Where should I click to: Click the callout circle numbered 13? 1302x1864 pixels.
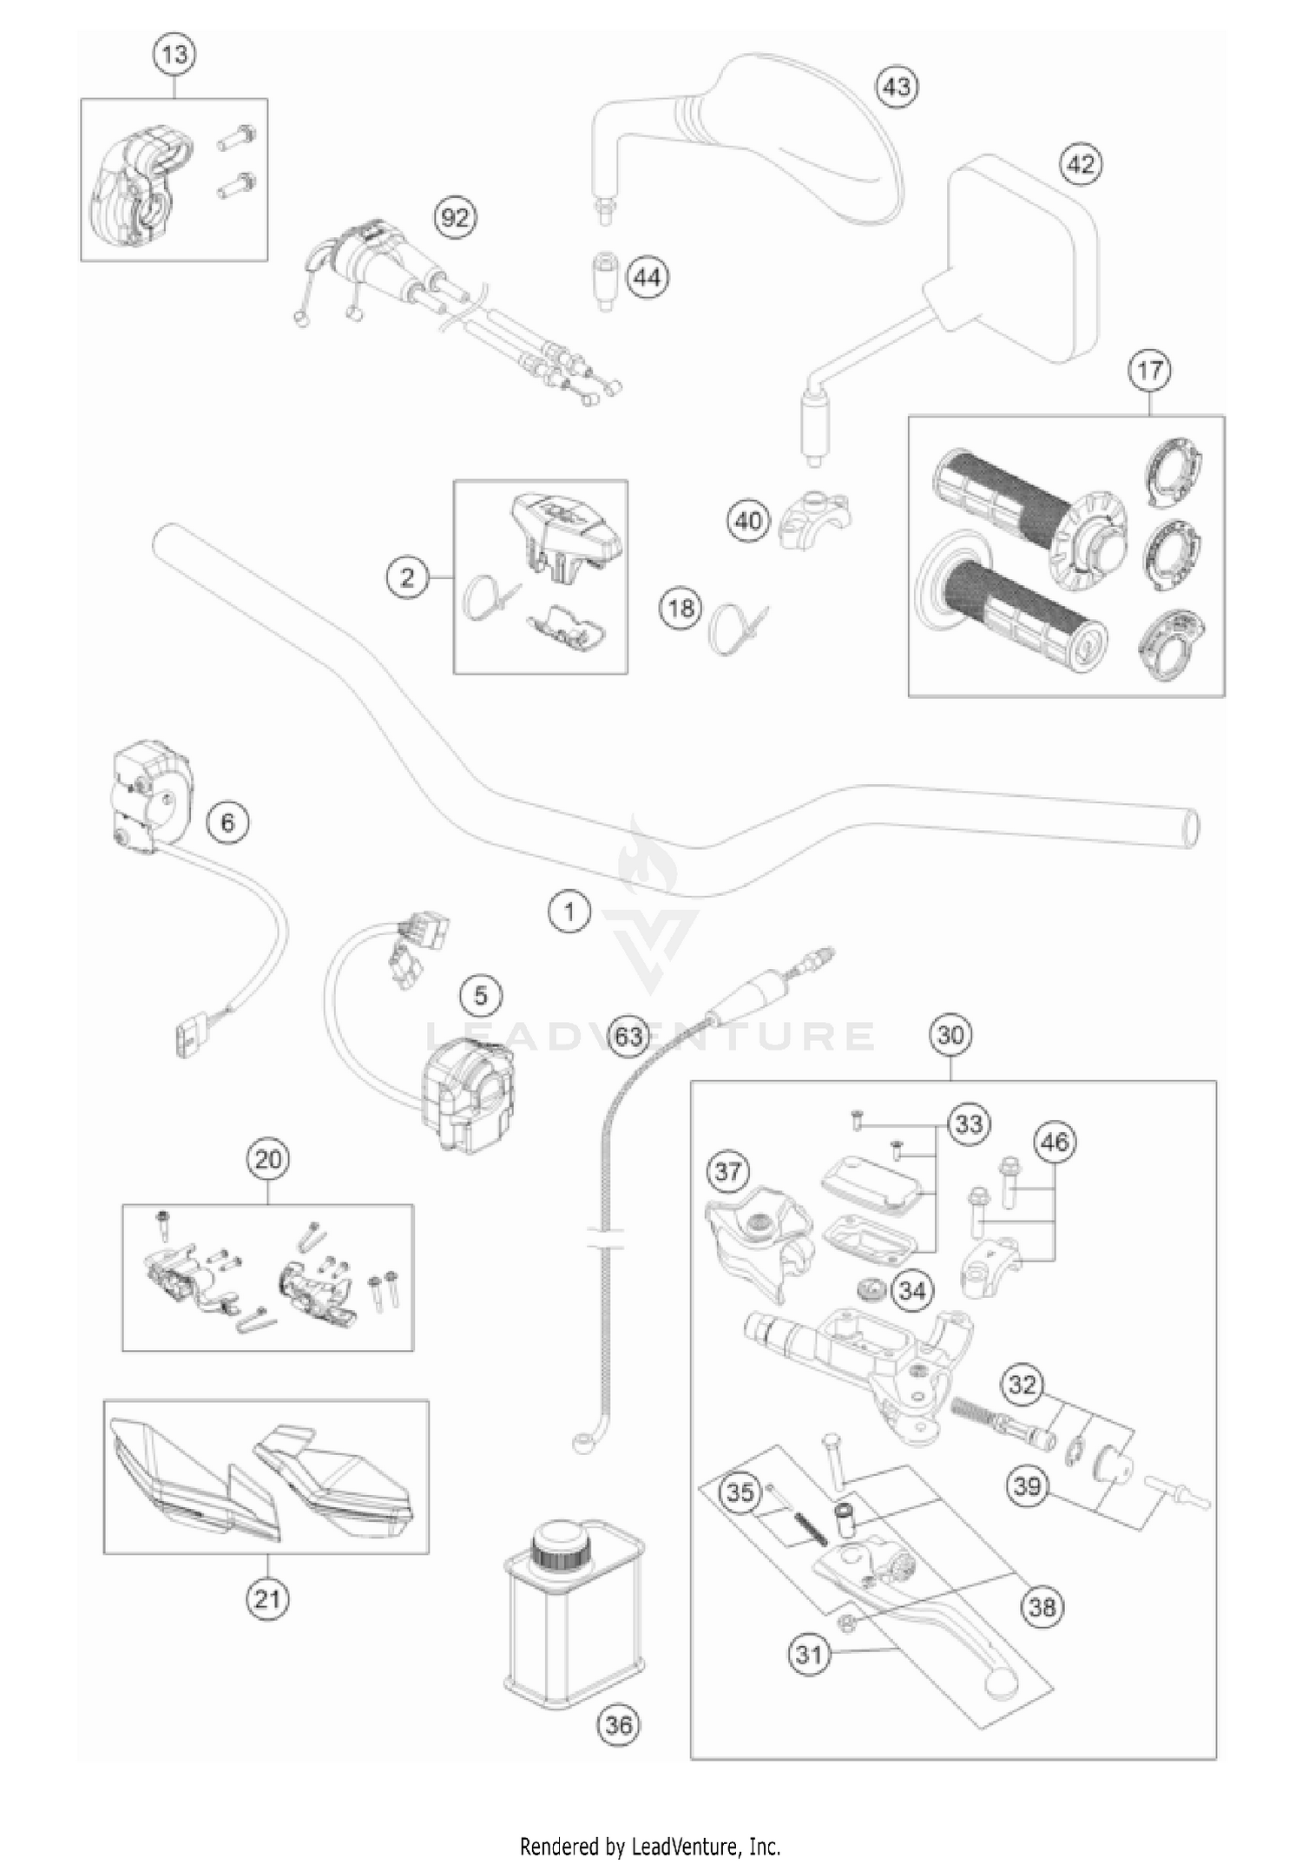coord(174,55)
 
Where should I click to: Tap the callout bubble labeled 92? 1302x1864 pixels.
coord(455,217)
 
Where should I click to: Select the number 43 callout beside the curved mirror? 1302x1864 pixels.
coord(897,87)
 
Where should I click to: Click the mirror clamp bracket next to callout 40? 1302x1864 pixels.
coord(812,518)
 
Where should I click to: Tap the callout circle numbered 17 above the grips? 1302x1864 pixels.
coord(1149,371)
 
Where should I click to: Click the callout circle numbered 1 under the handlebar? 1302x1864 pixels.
coord(569,912)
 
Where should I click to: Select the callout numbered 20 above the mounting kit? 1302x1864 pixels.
coord(267,1159)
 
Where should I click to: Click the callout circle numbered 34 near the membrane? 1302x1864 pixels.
coord(911,1291)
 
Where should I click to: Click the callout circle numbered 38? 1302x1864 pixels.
coord(1042,1606)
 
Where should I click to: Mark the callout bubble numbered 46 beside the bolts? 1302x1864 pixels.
coord(1055,1143)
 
